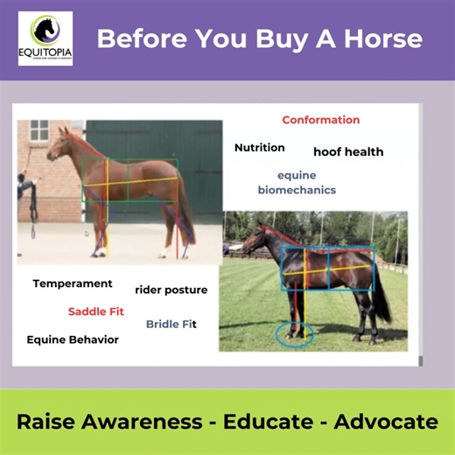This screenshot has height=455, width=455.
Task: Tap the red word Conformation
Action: pyautogui.click(x=320, y=120)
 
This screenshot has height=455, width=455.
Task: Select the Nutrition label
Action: pyautogui.click(x=259, y=148)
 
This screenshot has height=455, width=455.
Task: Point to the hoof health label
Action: pyautogui.click(x=348, y=152)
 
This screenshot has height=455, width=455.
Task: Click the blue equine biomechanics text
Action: pyautogui.click(x=297, y=182)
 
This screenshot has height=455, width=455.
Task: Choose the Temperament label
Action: pyautogui.click(x=73, y=283)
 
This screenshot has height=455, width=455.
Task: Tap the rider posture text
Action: pyautogui.click(x=171, y=290)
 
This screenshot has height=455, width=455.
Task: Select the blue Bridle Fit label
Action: pyautogui.click(x=171, y=324)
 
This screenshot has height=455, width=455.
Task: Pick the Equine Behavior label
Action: pyautogui.click(x=73, y=339)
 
